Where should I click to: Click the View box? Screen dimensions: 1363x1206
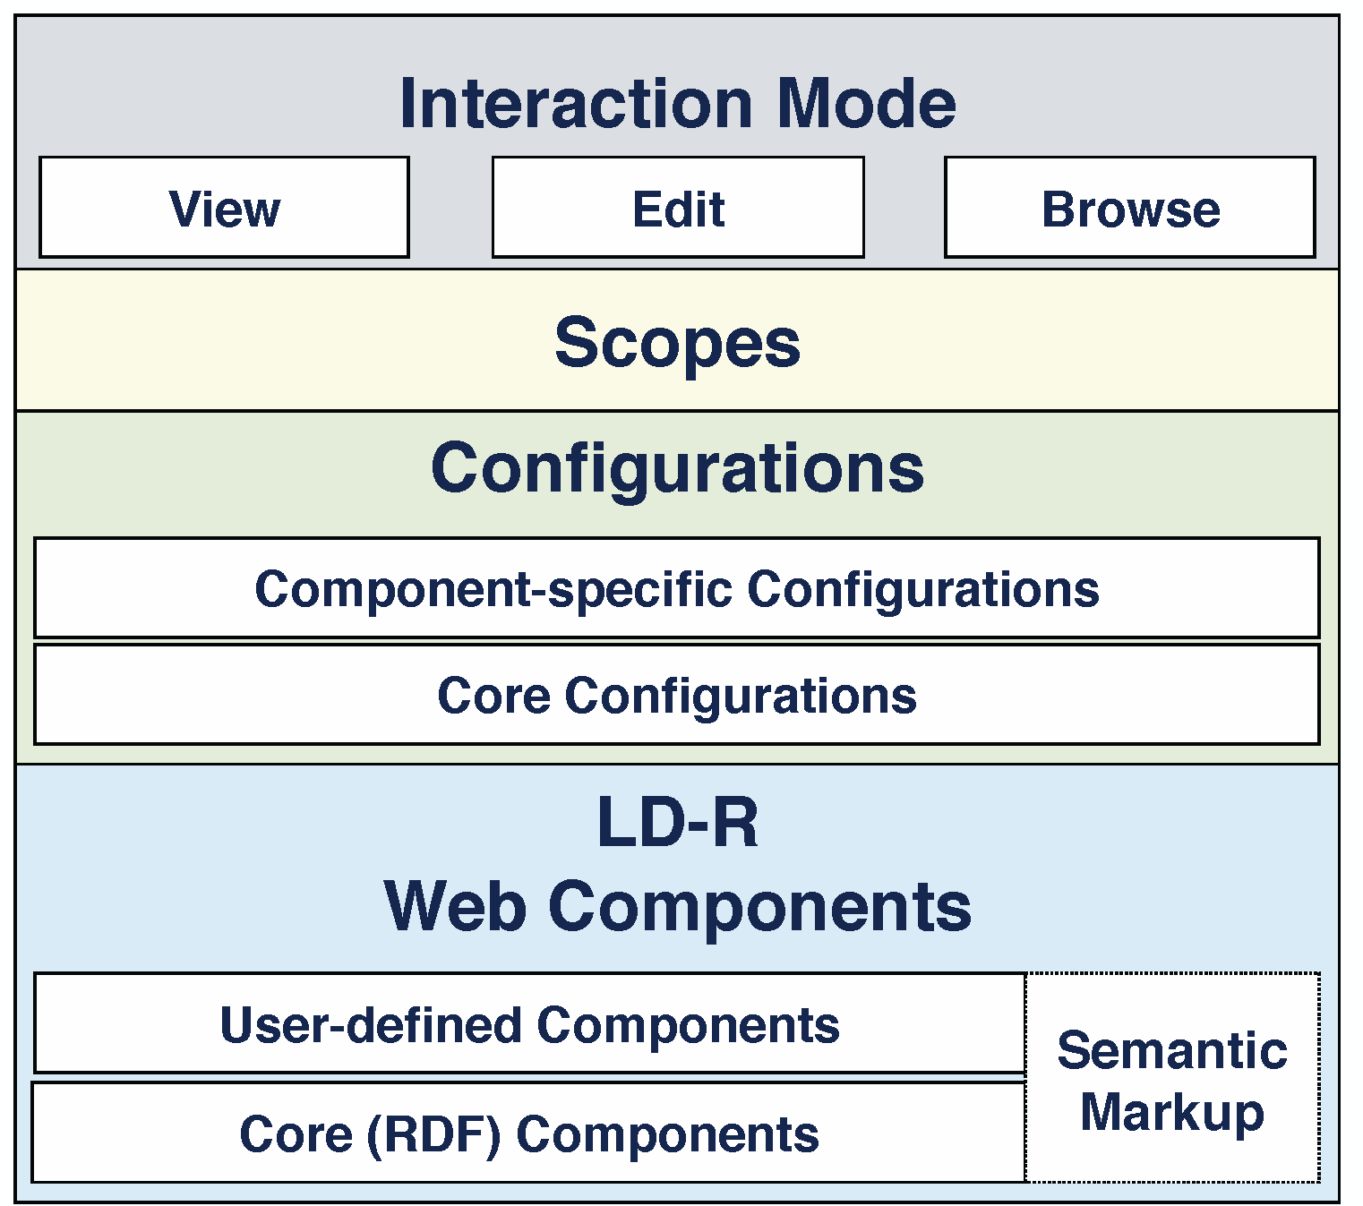(x=224, y=207)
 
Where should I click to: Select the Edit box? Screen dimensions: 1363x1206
(x=678, y=207)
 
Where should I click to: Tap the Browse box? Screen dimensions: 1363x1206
(x=1130, y=207)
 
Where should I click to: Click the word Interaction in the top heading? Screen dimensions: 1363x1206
(x=576, y=103)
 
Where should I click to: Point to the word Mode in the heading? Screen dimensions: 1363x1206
(x=867, y=103)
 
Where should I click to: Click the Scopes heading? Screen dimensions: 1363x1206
(x=677, y=344)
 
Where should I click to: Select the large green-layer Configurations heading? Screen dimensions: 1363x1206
(x=677, y=469)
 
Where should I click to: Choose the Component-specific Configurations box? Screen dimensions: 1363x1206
(x=677, y=587)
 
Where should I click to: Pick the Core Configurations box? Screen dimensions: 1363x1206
(x=677, y=695)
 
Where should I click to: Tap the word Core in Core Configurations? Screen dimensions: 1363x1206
(x=493, y=695)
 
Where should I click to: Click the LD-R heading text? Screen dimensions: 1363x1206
(x=677, y=821)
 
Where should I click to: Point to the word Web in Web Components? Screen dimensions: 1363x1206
(x=455, y=906)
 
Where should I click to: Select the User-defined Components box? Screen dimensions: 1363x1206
(x=529, y=1022)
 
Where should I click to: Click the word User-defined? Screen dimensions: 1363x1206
(x=371, y=1025)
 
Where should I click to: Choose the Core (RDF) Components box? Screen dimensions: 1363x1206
(x=528, y=1132)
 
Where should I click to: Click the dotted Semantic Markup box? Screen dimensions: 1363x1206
(x=1172, y=1077)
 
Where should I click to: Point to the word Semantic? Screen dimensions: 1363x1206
(x=1172, y=1050)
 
